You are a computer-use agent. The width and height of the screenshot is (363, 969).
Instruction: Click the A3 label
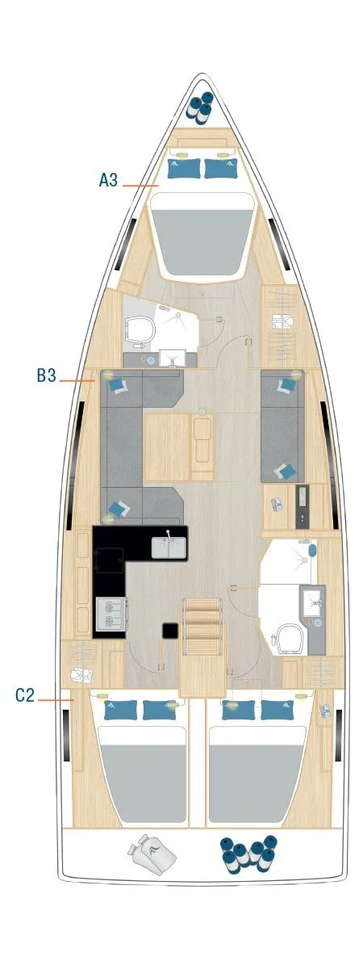(109, 180)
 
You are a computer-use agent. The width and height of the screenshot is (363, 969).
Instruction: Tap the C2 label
(25, 694)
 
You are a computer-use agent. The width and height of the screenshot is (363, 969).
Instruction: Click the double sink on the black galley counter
(169, 547)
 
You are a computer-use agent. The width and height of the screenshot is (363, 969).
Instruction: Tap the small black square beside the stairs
(170, 631)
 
